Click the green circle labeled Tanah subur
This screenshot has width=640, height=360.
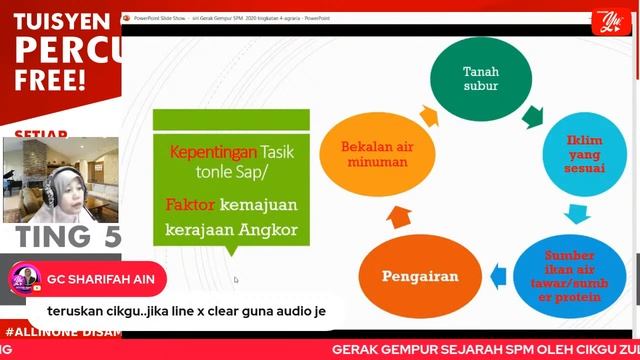(x=479, y=79)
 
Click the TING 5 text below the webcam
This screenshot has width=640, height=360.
(x=68, y=236)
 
